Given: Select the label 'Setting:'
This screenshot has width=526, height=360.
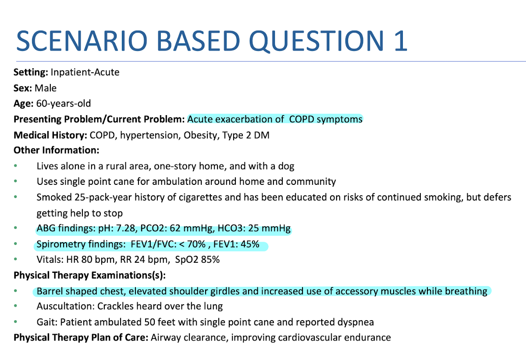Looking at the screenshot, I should click(x=31, y=72).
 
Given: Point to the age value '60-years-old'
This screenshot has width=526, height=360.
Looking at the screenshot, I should click(x=64, y=104).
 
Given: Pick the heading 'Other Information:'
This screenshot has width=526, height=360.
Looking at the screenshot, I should click(x=57, y=150).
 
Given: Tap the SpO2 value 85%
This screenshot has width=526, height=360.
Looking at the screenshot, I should click(x=210, y=259).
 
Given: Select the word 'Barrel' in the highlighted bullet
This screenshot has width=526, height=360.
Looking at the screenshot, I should click(x=50, y=291).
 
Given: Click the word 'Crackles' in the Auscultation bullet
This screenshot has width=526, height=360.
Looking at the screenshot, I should click(x=115, y=306).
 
